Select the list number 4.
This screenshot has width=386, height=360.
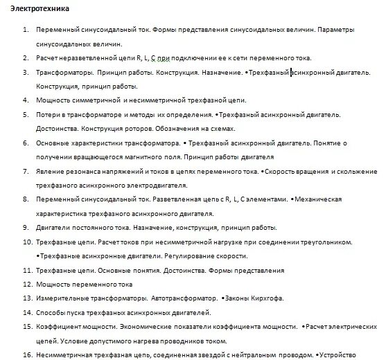point(26,100)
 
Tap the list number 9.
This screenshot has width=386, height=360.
point(26,227)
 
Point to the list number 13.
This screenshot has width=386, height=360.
point(27,298)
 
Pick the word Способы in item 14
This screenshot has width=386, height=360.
point(51,312)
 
